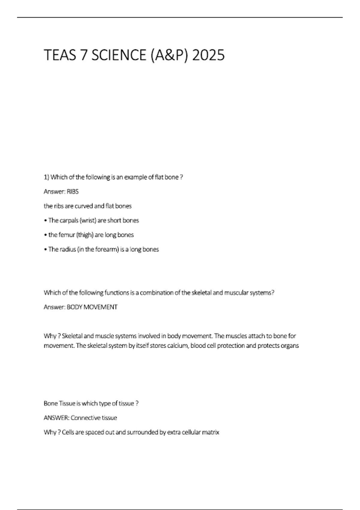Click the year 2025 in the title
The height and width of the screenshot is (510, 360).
[208, 55]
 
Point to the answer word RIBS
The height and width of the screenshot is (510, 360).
[73, 192]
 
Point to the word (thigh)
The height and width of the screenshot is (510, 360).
[85, 235]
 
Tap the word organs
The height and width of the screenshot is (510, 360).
[290, 346]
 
